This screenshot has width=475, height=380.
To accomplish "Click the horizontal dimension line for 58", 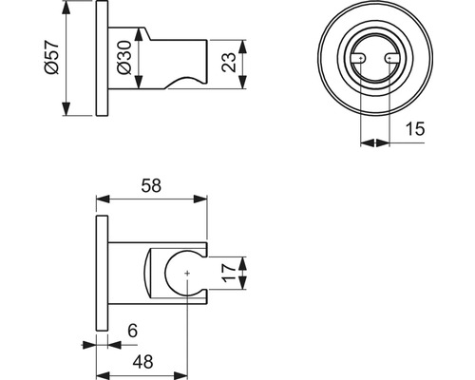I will [152, 200].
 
